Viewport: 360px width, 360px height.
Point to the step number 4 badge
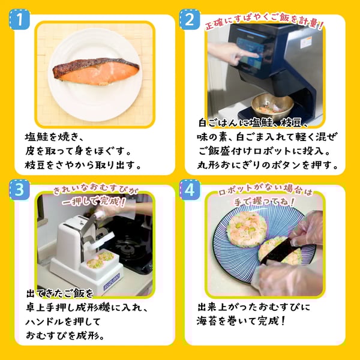pos(189,190)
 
